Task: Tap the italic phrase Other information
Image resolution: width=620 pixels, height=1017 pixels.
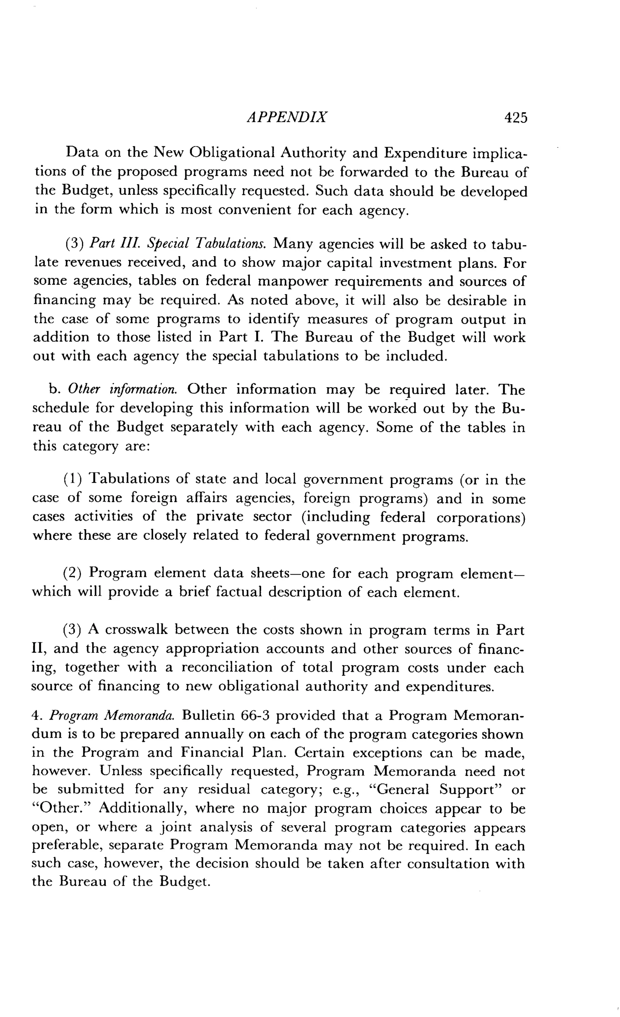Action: tap(123, 389)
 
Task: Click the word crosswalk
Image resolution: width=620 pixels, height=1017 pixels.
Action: tap(137, 630)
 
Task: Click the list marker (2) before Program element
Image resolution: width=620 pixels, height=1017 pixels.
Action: tap(73, 573)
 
